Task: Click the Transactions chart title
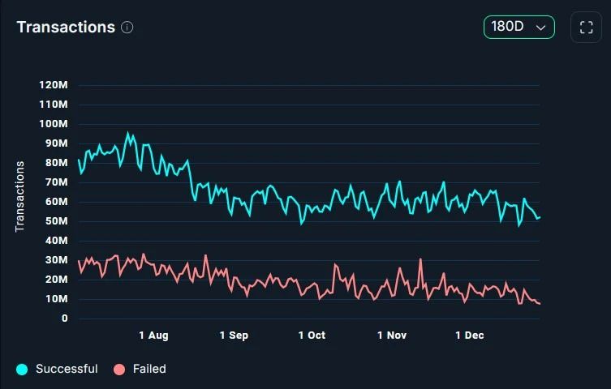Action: [x=66, y=27]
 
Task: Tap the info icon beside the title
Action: [x=127, y=27]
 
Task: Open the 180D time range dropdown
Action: [x=519, y=27]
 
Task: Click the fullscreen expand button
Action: [x=586, y=27]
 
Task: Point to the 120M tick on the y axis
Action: [x=54, y=85]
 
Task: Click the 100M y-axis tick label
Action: [x=54, y=124]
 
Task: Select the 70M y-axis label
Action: [x=56, y=182]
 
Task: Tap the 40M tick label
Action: [x=56, y=241]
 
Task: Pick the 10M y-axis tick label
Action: [x=56, y=299]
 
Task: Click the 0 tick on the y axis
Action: [x=64, y=318]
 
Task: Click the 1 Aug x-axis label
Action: [x=153, y=336]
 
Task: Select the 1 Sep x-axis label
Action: [x=234, y=336]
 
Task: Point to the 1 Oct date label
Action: [x=312, y=336]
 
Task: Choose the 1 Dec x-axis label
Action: [x=469, y=336]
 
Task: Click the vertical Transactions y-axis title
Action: [x=20, y=196]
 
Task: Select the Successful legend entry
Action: [x=57, y=369]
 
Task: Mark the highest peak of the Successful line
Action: [x=127, y=133]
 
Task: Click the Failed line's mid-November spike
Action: [x=420, y=259]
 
